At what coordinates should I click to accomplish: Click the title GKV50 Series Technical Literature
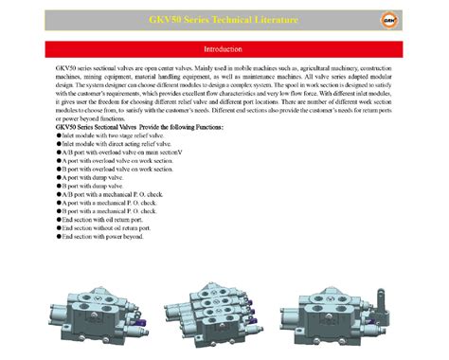tap(224, 20)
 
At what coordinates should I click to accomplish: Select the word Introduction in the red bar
tap(224, 48)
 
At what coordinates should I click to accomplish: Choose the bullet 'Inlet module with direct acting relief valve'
tap(107, 145)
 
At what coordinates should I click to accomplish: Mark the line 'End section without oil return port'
tap(106, 228)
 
